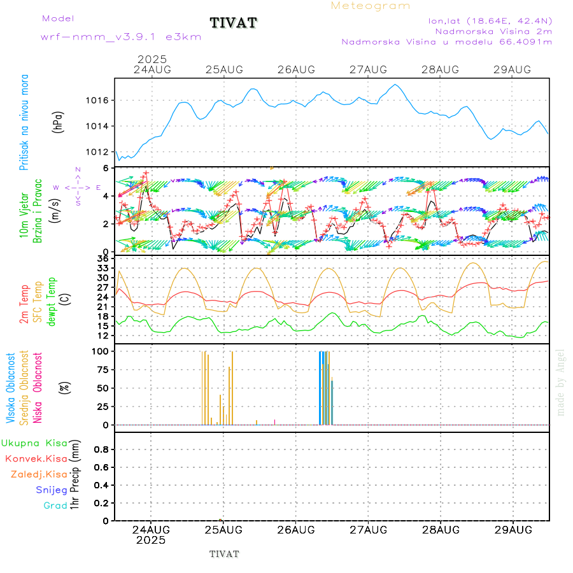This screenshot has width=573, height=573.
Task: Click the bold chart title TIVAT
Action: tap(234, 23)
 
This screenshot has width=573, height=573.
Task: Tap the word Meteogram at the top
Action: tap(371, 6)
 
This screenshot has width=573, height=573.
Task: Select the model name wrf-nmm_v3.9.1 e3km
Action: tap(121, 37)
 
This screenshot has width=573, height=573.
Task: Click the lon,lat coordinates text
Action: tap(490, 20)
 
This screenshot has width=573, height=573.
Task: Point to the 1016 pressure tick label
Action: tap(98, 101)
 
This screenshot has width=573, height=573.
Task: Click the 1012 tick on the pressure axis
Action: tap(98, 152)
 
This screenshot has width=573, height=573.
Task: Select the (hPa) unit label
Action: tap(58, 122)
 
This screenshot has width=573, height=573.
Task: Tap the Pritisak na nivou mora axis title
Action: tap(24, 122)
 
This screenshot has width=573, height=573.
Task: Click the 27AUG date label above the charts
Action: tap(368, 69)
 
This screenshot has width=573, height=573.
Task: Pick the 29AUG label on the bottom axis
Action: tap(513, 530)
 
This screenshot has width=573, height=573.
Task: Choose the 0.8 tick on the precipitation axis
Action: tap(101, 449)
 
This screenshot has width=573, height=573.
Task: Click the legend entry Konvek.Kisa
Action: tap(36, 458)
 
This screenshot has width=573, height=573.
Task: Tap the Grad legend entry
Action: tap(55, 506)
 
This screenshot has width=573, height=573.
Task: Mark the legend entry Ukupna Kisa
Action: tap(34, 442)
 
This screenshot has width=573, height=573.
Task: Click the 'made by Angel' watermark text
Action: tap(561, 382)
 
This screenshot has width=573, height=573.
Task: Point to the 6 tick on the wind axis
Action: tap(106, 167)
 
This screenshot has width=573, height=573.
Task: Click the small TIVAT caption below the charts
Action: tap(224, 554)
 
